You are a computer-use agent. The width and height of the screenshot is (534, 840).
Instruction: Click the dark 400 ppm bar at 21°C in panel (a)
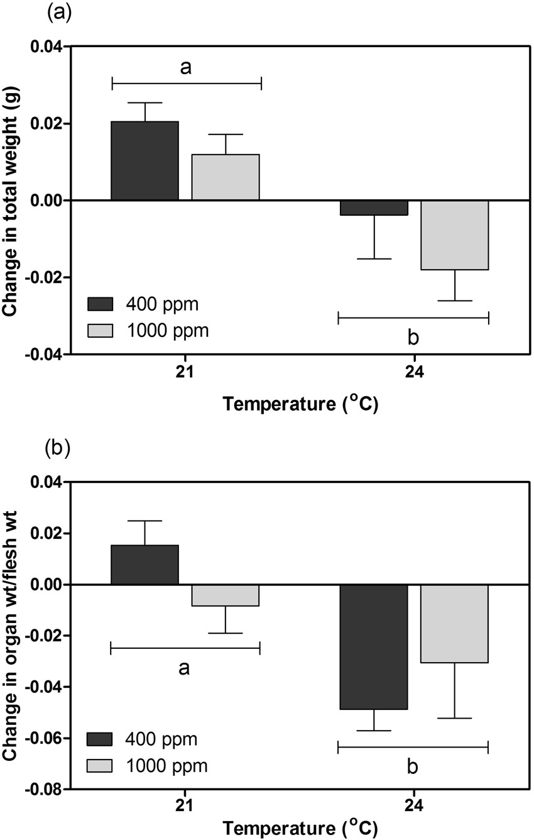(x=145, y=161)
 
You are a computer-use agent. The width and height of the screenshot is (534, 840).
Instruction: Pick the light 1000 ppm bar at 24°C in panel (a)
(x=454, y=235)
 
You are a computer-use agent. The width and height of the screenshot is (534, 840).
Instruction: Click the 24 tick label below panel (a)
(x=414, y=372)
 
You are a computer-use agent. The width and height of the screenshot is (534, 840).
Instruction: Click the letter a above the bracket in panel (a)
(x=186, y=68)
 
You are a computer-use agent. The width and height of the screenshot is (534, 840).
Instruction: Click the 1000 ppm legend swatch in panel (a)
(x=99, y=329)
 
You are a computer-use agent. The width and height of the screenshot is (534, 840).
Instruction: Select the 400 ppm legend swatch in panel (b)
(x=99, y=739)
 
